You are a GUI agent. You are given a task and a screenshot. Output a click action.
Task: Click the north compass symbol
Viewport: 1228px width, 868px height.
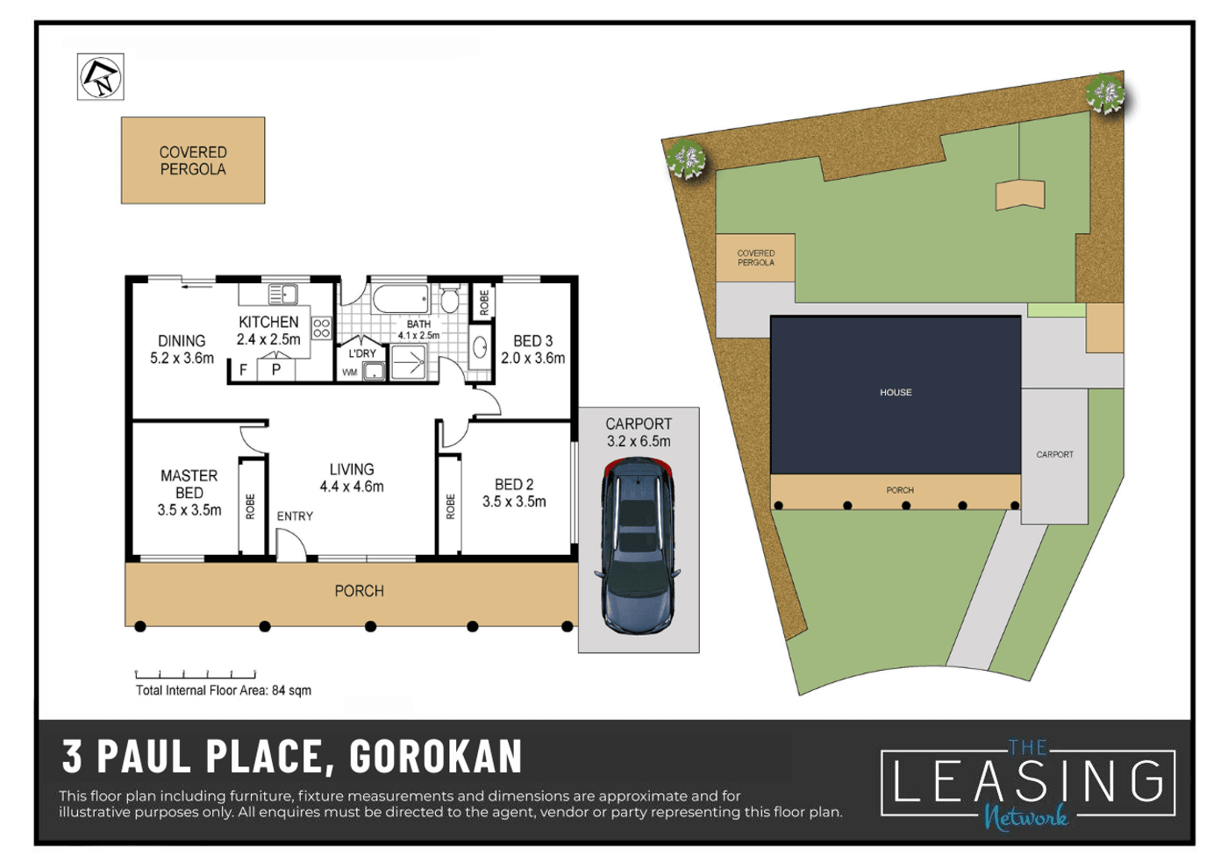coord(100,77)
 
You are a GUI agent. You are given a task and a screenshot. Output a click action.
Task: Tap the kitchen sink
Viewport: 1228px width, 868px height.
coord(282,295)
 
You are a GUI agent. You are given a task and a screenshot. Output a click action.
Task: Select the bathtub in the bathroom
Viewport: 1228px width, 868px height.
coord(401,299)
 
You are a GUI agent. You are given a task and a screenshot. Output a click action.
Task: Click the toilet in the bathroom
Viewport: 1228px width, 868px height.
coord(449,298)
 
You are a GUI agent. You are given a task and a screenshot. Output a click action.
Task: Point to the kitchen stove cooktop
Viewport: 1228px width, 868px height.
coord(321,328)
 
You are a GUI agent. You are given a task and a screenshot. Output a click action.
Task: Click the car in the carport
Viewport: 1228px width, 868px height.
coord(638,546)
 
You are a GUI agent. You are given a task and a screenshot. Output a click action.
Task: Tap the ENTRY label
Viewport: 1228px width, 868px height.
coord(295,516)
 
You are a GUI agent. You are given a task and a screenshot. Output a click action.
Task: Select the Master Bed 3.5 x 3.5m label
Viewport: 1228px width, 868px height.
coord(189,493)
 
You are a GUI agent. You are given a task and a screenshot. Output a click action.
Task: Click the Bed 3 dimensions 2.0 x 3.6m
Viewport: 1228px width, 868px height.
coord(533,359)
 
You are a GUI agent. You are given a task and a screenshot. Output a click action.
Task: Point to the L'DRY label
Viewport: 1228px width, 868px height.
coord(362,353)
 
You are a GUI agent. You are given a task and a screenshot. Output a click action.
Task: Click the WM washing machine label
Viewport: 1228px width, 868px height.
coord(350,373)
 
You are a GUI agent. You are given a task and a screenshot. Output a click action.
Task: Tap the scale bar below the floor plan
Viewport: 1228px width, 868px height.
coord(196,674)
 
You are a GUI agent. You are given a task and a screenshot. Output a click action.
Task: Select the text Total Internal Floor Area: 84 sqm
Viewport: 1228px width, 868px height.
coord(224,691)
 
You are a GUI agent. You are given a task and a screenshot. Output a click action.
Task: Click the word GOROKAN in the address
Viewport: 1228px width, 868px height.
coord(436,757)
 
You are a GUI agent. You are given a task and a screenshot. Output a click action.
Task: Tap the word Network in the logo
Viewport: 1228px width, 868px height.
coord(1025,817)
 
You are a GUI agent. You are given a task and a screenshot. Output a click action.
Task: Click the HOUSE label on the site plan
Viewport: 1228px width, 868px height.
coord(896,393)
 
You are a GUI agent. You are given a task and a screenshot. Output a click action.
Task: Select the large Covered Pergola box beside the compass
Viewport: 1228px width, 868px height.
coord(193,160)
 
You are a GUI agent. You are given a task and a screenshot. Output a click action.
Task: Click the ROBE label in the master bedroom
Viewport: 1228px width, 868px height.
coord(251,507)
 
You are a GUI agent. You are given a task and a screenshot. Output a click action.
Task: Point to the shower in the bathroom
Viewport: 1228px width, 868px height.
coord(408,362)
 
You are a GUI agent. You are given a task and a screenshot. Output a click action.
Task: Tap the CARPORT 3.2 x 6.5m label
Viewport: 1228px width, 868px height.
coord(639,432)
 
